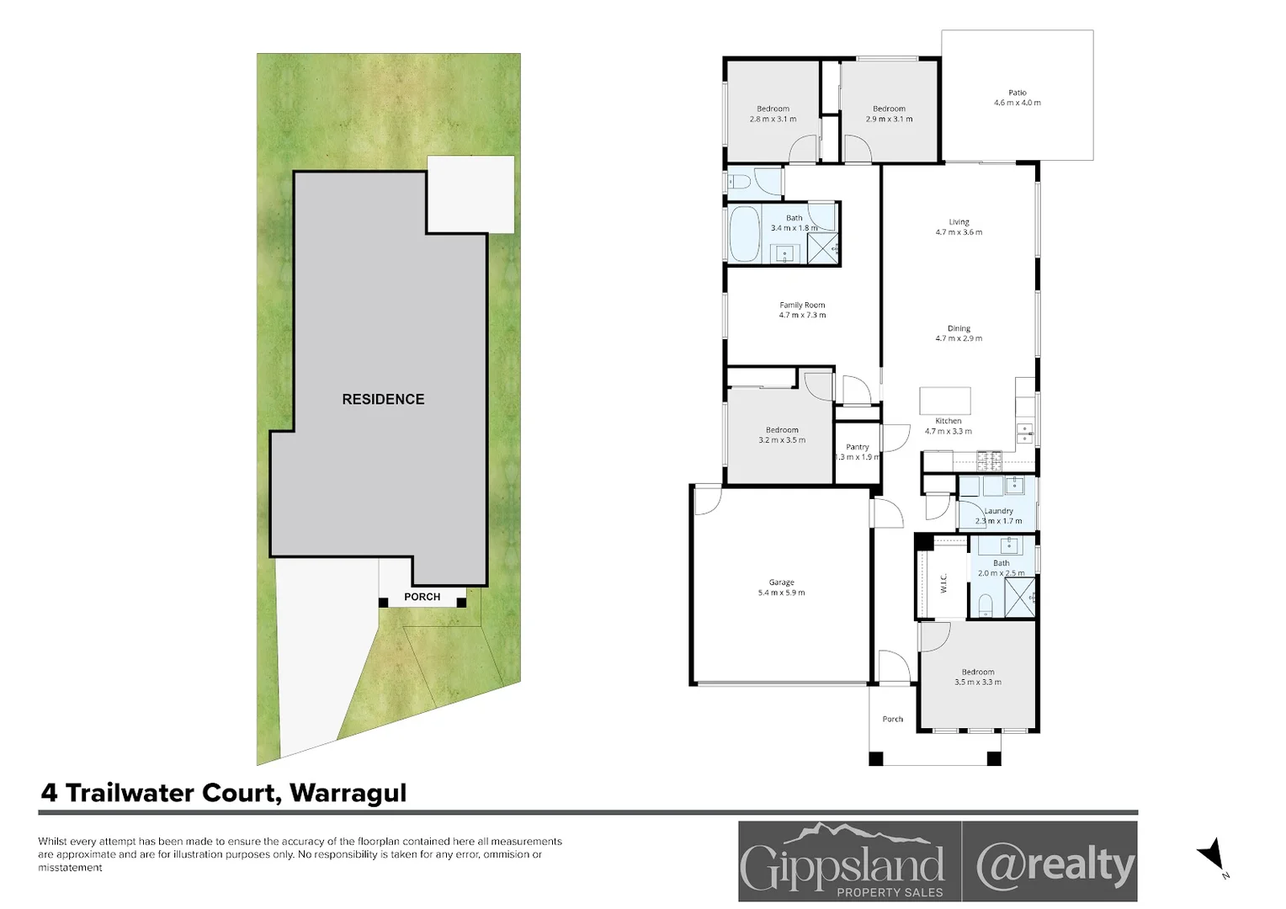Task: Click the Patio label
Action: [1017, 93]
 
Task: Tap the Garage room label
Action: [781, 582]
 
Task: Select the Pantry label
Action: [857, 447]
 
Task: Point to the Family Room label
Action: [802, 305]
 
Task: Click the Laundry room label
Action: [999, 511]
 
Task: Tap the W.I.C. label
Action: [943, 582]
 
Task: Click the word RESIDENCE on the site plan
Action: [383, 399]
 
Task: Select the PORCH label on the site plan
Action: [422, 597]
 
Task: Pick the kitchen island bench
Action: [944, 400]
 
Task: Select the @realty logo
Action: [1054, 864]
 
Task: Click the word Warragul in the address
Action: [348, 793]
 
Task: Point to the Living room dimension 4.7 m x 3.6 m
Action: [959, 232]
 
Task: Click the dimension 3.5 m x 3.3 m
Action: [977, 683]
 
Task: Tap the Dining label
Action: [959, 328]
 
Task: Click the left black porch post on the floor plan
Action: [875, 758]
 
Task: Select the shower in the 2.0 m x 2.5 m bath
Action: [1019, 598]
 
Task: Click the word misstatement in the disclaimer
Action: [70, 868]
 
